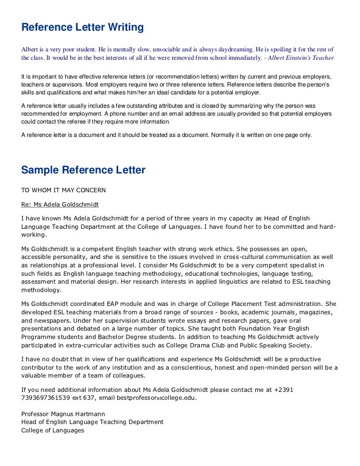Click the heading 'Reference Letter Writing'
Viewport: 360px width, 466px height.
82,27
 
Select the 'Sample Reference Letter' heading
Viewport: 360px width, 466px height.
83,170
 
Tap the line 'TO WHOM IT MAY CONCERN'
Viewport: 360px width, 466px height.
63,190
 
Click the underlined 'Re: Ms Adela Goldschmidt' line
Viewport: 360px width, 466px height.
60,204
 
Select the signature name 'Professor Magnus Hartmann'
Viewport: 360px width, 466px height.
63,414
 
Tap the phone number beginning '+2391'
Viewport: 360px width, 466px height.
283,389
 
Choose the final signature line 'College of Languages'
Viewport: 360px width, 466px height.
52,430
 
